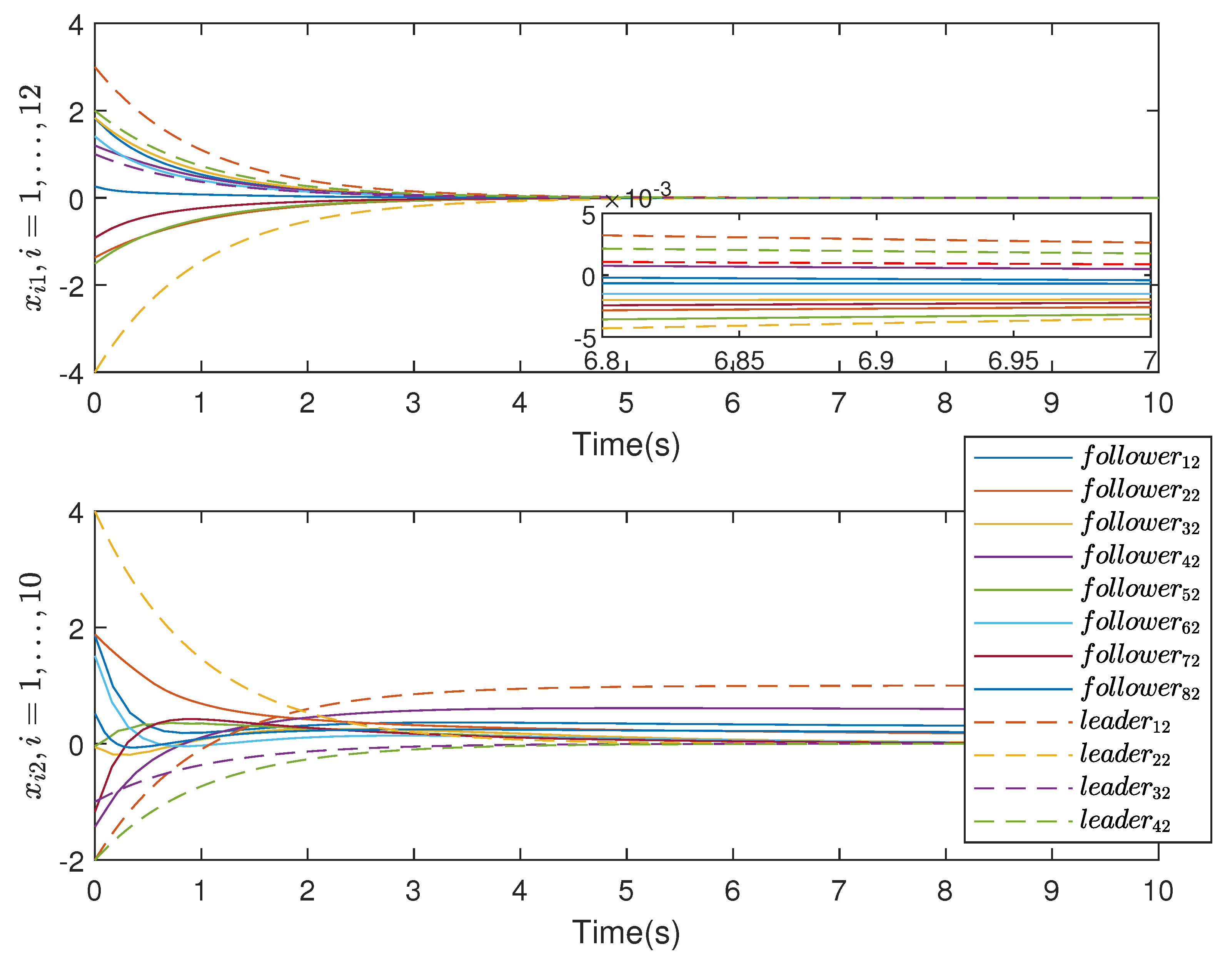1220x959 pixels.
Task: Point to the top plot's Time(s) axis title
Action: [626, 445]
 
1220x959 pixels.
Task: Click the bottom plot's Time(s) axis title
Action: [626, 932]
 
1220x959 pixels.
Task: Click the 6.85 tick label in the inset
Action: [739, 361]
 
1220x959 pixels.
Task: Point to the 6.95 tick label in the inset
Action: [1013, 361]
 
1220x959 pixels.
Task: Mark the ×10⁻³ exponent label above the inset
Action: [638, 197]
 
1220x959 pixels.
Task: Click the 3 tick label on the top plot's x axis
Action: [413, 403]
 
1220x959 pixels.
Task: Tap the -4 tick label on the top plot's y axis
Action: [72, 373]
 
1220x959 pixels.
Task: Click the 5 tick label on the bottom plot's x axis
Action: [626, 891]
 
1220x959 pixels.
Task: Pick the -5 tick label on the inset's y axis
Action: [585, 339]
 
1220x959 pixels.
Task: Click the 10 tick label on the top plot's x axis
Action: [1158, 403]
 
